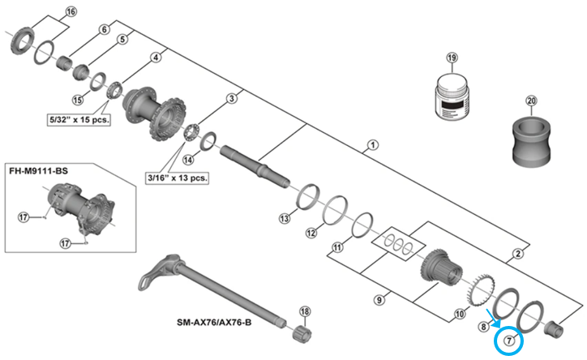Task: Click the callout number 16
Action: click(70, 11)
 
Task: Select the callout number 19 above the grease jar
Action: click(452, 58)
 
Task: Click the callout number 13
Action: click(284, 219)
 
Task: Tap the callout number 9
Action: click(378, 300)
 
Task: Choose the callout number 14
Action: click(189, 160)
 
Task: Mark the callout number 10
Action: click(459, 313)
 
